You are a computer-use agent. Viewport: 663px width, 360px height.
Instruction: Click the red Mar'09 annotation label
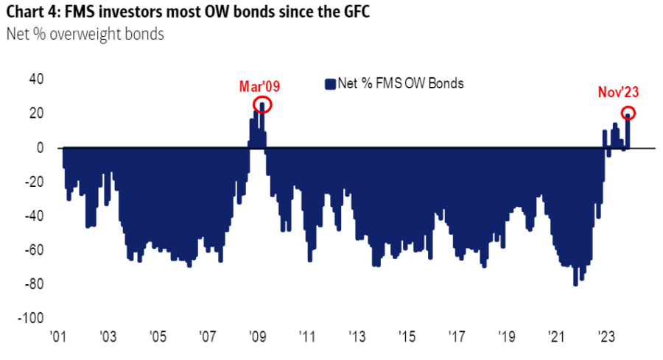(x=259, y=87)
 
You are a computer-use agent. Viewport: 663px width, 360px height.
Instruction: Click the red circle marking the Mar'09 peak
(x=263, y=105)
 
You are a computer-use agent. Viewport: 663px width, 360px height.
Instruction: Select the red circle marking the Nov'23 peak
(x=628, y=113)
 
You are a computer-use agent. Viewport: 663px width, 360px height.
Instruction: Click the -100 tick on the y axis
(x=32, y=318)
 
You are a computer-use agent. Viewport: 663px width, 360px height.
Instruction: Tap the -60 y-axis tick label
(x=34, y=250)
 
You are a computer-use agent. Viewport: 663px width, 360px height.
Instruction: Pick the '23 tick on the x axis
(x=606, y=336)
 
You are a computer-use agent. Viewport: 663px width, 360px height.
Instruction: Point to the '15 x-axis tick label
(x=407, y=336)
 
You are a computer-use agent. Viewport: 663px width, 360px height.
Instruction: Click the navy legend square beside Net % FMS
(x=329, y=83)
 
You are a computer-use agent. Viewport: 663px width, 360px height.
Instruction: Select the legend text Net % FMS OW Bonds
(x=400, y=83)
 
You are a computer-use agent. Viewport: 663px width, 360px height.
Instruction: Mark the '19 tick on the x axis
(x=506, y=336)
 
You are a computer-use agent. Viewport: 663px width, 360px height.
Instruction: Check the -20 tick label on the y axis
(x=34, y=182)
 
